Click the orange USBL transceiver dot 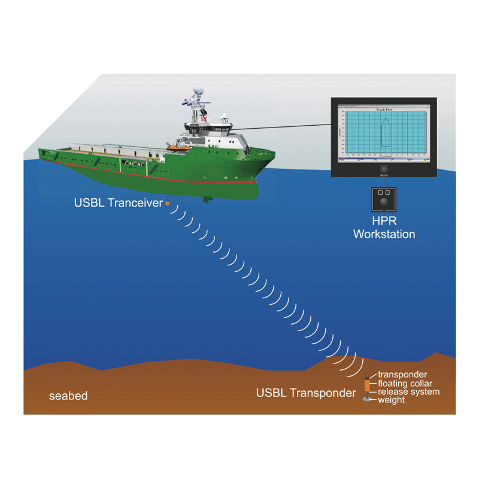coord(168,204)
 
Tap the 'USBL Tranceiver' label coord(118,203)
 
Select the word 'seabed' coord(68,396)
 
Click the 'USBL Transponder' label coord(305,393)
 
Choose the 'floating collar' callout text coord(405,383)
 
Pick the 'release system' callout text coord(408,392)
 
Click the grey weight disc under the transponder coord(368,399)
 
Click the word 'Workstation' coord(384,234)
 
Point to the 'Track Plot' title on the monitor coord(384,110)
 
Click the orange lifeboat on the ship coord(173,147)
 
